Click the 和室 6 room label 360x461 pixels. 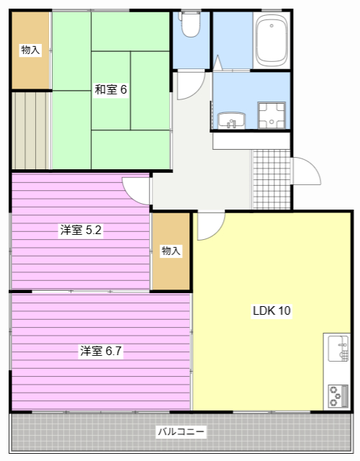[x=111, y=89]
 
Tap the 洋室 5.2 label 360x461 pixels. [x=81, y=230]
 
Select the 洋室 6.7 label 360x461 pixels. [x=101, y=351]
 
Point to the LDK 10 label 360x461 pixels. [x=272, y=310]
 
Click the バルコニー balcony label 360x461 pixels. [x=181, y=431]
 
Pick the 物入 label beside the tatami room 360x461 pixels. [x=30, y=50]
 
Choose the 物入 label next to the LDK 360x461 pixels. [x=171, y=251]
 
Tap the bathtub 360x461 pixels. [x=271, y=40]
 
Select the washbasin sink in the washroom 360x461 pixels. [x=231, y=120]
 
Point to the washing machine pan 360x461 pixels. [x=271, y=115]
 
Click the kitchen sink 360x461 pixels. [x=338, y=349]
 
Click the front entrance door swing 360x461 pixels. [x=307, y=171]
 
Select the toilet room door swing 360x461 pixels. [x=191, y=85]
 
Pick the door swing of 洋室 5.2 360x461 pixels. [x=136, y=190]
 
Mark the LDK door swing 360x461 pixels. [x=211, y=225]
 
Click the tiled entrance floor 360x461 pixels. [x=271, y=179]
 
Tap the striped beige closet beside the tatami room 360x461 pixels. [x=30, y=131]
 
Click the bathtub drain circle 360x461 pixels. [x=271, y=26]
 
